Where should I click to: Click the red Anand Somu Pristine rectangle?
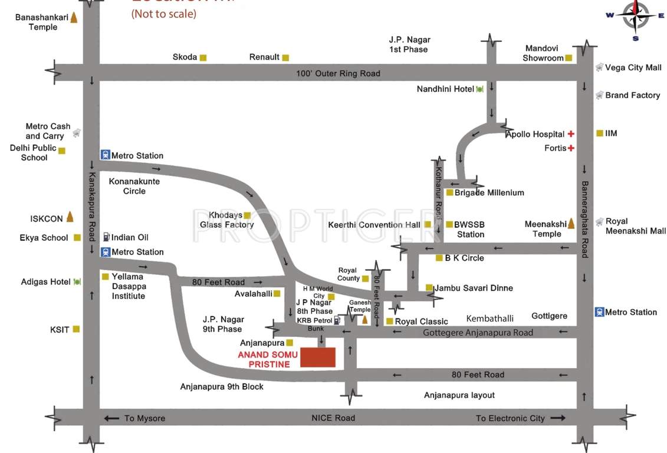coord(318,357)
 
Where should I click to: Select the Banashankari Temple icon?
coord(74,17)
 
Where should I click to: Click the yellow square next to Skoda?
coord(203,58)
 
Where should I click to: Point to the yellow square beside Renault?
coord(285,58)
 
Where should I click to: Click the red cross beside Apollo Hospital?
coord(571,134)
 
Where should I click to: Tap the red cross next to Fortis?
coord(571,148)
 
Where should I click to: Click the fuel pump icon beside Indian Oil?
coord(106,237)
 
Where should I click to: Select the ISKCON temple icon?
coord(70,217)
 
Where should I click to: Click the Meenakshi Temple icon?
coord(571,224)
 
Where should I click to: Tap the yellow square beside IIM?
coord(600,133)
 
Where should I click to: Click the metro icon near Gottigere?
coord(599,312)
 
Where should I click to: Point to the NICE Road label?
coord(333,418)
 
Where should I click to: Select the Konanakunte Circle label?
coord(134,186)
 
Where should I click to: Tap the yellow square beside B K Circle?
coord(439,258)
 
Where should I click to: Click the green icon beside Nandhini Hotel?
coord(479,89)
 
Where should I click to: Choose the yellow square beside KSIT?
coord(76,330)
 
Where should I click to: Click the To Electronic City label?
coord(510,418)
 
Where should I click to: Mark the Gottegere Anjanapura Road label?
coord(478,333)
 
